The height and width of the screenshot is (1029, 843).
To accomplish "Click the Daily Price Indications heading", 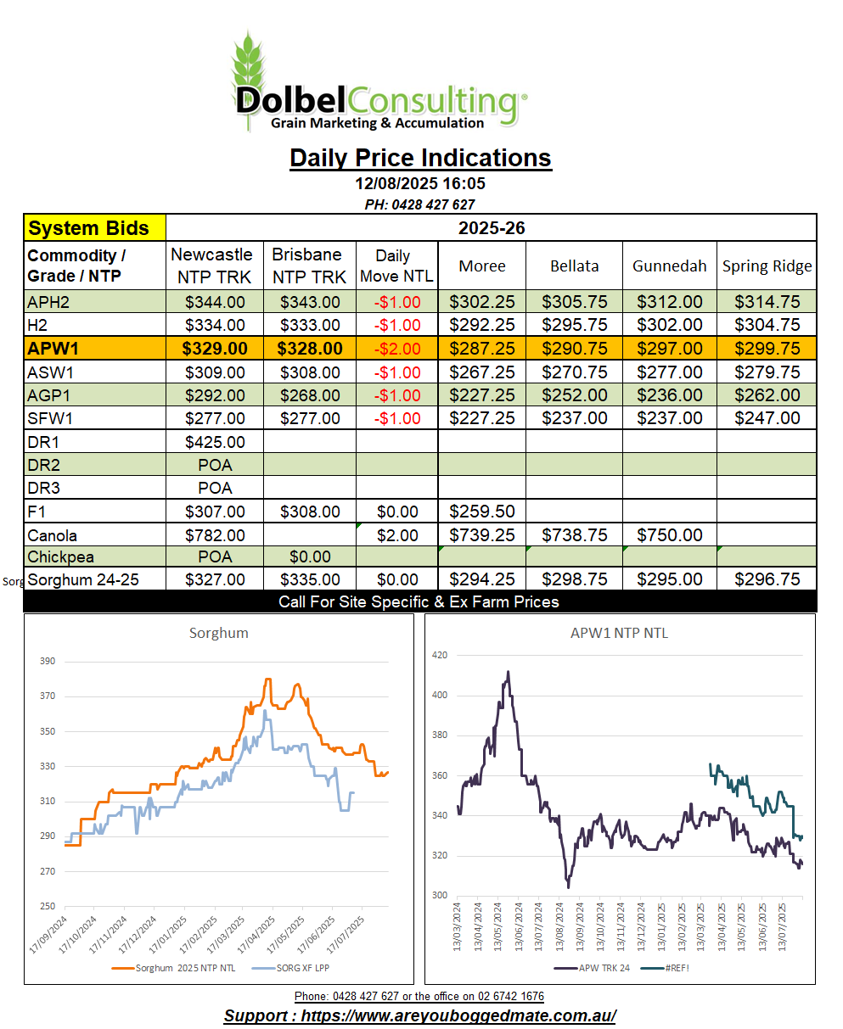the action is click(420, 158).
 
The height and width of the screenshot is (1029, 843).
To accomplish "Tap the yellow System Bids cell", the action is click(95, 228).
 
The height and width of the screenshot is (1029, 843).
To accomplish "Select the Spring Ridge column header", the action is click(767, 266).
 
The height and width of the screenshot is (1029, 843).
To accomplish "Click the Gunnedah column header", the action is click(669, 266).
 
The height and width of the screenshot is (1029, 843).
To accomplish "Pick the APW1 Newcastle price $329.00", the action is click(215, 349).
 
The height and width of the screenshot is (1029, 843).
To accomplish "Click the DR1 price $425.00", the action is click(215, 442).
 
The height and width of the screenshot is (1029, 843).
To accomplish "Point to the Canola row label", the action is click(52, 536).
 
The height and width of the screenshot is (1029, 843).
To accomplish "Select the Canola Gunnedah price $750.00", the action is click(669, 535).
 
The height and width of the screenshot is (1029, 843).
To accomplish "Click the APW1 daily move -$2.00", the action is click(397, 349).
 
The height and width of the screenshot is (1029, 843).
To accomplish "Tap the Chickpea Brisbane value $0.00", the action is click(310, 556).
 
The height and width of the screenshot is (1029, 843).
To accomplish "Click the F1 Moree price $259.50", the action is click(481, 512).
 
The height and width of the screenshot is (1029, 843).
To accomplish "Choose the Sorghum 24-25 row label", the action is click(83, 579).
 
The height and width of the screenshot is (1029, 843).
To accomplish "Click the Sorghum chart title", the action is click(218, 633).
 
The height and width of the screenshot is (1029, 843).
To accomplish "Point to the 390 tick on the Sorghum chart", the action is click(48, 661).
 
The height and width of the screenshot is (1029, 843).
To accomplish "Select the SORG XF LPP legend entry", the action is click(290, 968).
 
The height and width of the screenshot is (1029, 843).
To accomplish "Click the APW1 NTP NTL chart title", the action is click(619, 633).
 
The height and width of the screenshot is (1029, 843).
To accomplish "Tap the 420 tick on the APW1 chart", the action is click(439, 655).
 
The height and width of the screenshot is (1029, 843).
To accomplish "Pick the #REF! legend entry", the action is click(665, 968).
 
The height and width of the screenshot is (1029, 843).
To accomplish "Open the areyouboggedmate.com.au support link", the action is click(419, 1015).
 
